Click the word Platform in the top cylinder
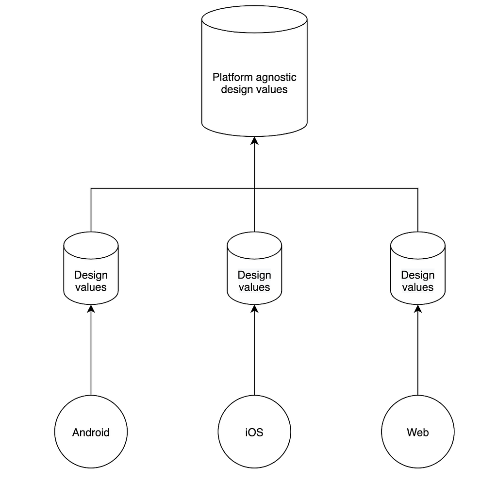click(x=232, y=77)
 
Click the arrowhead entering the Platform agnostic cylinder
click(x=254, y=140)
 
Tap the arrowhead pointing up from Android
click(x=91, y=308)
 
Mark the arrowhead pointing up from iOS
click(x=254, y=308)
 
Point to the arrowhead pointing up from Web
click(x=418, y=308)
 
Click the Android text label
click(x=91, y=433)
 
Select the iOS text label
click(x=254, y=433)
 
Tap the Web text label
click(x=418, y=433)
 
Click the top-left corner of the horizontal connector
click(x=91, y=188)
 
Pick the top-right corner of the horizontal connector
click(x=418, y=188)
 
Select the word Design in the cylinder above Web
click(x=418, y=275)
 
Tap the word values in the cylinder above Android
click(x=91, y=287)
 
